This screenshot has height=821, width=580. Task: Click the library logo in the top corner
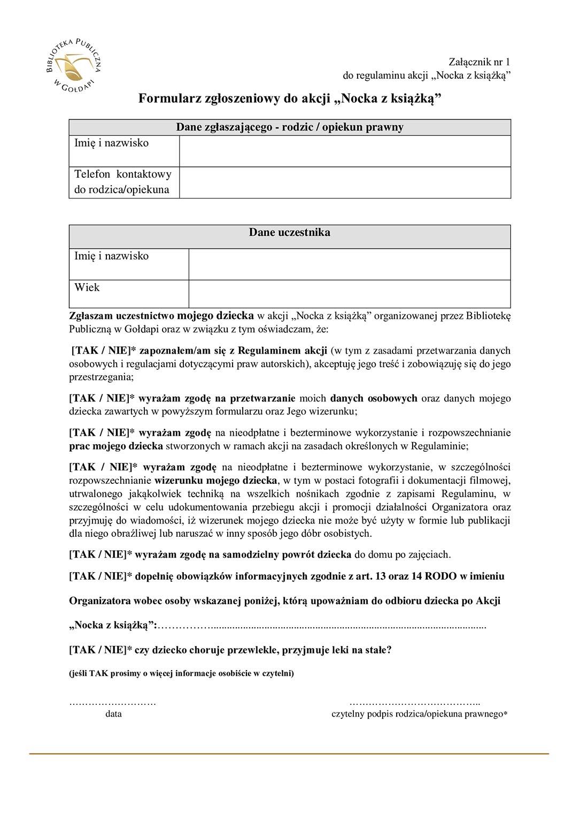74,65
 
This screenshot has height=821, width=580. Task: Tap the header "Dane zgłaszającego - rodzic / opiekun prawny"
290,127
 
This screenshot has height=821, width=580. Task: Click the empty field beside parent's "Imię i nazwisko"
345,151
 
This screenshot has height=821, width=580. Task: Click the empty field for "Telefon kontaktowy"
345,182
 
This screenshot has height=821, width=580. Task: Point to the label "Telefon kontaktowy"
123,174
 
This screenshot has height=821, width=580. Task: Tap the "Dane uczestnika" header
290,233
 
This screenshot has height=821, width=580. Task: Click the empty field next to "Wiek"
350,294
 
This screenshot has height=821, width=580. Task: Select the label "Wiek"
87,287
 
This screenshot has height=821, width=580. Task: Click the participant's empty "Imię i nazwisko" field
350,264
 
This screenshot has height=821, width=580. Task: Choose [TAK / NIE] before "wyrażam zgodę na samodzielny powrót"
100,555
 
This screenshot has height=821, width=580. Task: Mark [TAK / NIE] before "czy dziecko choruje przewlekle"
100,650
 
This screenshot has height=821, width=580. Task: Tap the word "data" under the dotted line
113,714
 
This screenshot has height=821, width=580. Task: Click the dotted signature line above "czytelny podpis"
415,703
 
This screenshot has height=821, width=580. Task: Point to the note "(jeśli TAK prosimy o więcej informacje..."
181,674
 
